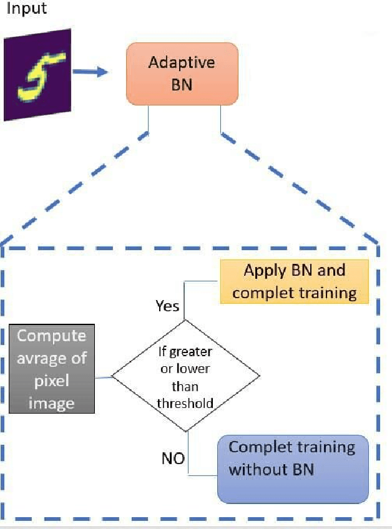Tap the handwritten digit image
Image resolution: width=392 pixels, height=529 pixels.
pos(37,76)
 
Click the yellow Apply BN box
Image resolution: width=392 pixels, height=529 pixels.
pos(294,281)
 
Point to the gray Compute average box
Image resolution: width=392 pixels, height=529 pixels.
pos(52,369)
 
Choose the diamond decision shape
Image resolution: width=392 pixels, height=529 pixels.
pos(185,375)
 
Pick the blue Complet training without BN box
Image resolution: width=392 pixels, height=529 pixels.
pos(293,468)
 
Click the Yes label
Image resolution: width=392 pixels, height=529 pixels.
pos(167,306)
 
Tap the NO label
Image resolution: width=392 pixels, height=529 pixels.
pos(173,459)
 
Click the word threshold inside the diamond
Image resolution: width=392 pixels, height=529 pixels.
pos(185,402)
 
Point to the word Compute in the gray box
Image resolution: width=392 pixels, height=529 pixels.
pos(52,336)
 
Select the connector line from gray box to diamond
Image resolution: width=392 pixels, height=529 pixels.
pos(103,377)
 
